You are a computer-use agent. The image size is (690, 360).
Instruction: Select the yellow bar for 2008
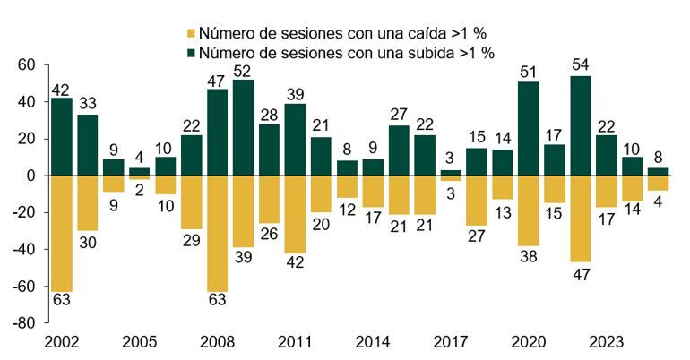[x=217, y=234]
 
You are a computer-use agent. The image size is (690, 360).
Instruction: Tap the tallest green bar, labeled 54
[x=580, y=125]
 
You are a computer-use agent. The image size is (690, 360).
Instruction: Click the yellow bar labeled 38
[x=529, y=210]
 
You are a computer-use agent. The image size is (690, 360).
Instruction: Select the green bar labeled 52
[x=243, y=127]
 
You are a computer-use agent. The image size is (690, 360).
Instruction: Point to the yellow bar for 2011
[x=295, y=214]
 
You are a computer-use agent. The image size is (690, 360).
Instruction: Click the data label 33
[x=88, y=103]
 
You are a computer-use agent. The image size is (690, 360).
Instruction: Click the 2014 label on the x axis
[x=372, y=342]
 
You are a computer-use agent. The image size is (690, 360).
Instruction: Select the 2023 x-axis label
[x=606, y=342]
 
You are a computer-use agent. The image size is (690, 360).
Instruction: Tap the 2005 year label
[x=140, y=342]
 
